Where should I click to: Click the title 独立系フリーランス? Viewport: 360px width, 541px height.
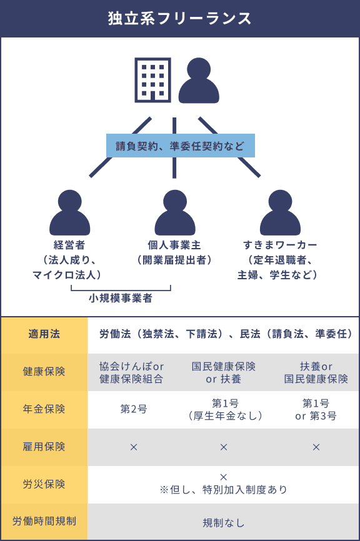pyautogui.click(x=179, y=18)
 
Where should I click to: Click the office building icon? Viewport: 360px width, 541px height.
pyautogui.click(x=152, y=80)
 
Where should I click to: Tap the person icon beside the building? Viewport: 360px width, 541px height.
pyautogui.click(x=199, y=81)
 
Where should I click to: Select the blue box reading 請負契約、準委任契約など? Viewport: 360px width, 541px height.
pyautogui.click(x=181, y=146)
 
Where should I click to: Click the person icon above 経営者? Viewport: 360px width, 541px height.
pyautogui.click(x=70, y=212)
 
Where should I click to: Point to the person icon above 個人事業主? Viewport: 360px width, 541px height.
pyautogui.click(x=175, y=212)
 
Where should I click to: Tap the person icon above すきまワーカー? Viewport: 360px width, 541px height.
pyautogui.click(x=280, y=212)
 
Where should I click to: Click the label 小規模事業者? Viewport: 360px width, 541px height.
pyautogui.click(x=121, y=298)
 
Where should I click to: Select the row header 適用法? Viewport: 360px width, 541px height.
pyautogui.click(x=44, y=334)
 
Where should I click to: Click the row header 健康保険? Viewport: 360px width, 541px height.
pyautogui.click(x=44, y=372)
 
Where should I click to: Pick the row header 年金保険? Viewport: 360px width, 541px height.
pyautogui.click(x=44, y=409)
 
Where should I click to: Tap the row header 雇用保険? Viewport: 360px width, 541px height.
pyautogui.click(x=44, y=447)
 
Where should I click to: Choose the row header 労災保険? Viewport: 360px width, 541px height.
pyautogui.click(x=44, y=484)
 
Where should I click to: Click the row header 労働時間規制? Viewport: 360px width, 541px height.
pyautogui.click(x=44, y=521)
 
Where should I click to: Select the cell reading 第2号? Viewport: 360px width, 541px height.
pyautogui.click(x=134, y=409)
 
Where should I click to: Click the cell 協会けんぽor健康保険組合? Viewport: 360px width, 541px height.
pyautogui.click(x=131, y=372)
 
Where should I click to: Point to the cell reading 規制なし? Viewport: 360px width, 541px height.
pyautogui.click(x=224, y=523)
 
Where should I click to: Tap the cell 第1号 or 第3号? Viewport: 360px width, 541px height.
pyautogui.click(x=316, y=410)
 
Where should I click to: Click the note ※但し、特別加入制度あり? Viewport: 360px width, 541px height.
pyautogui.click(x=224, y=490)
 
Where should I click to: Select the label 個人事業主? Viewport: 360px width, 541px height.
pyautogui.click(x=174, y=245)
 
